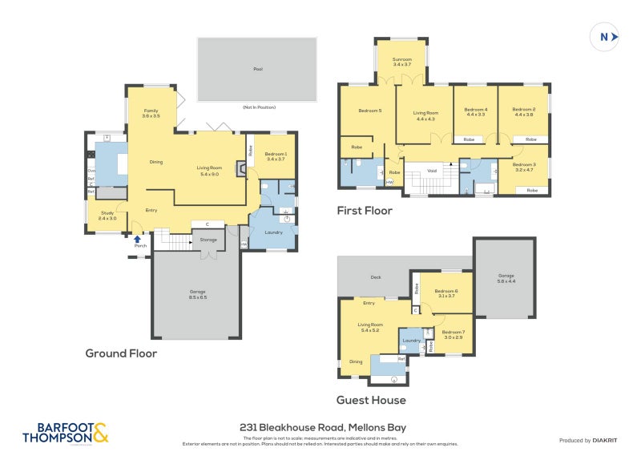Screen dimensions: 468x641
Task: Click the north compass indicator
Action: [605, 36]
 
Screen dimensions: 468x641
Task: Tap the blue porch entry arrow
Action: [138, 238]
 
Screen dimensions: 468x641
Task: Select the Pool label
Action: [257, 70]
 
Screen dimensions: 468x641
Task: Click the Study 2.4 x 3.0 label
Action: [108, 215]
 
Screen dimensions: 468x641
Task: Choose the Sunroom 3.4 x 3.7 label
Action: [402, 62]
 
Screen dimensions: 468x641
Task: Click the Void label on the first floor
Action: [432, 171]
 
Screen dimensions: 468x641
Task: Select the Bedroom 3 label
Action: [523, 167]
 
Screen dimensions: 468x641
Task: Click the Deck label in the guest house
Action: [376, 277]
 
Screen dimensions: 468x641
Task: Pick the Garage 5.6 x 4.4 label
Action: [506, 278]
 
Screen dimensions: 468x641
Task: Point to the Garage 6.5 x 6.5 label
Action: [198, 295]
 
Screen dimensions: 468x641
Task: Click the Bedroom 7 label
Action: [452, 334]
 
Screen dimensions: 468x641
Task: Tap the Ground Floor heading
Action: [121, 353]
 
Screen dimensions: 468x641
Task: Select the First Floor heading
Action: [365, 211]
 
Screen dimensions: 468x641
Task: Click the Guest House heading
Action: [371, 400]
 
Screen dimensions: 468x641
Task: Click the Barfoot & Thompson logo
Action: [64, 433]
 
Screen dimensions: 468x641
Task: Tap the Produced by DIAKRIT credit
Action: [588, 441]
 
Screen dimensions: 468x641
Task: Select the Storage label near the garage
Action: [209, 239]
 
